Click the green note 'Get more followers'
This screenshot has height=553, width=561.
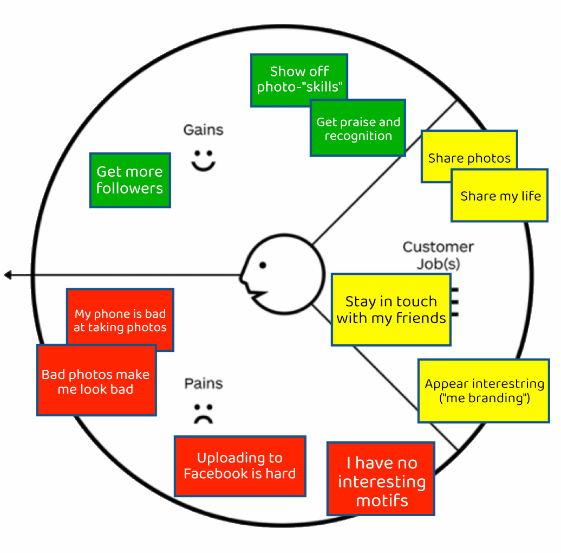130,180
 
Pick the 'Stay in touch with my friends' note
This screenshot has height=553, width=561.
391,310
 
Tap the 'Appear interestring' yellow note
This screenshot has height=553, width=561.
484,391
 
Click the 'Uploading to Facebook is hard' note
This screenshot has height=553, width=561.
240,466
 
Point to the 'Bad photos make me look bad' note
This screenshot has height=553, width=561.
96,382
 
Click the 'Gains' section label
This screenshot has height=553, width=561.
203,130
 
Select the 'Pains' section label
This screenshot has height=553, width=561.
204,384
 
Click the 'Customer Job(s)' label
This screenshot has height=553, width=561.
438,255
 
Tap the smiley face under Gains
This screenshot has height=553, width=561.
203,160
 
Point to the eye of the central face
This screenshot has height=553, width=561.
263,265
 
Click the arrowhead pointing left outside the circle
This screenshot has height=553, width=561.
8,275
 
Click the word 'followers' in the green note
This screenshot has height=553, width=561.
130,189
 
